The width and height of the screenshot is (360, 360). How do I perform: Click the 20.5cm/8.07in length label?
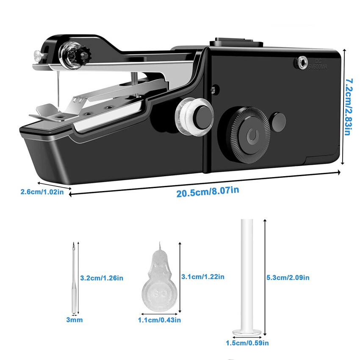click(x=208, y=192)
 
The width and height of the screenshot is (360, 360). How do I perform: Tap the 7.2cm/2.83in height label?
click(x=349, y=107)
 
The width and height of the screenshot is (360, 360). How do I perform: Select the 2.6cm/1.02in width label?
click(x=42, y=192)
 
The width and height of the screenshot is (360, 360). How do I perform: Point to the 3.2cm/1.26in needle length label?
click(x=102, y=278)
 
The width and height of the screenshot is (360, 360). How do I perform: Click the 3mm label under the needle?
click(x=75, y=320)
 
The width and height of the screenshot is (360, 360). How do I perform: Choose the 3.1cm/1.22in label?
click(x=203, y=277)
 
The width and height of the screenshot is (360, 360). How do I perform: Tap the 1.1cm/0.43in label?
click(x=159, y=320)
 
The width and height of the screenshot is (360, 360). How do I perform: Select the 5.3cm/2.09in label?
click(x=288, y=277)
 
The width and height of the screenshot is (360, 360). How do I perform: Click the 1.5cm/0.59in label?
click(x=247, y=343)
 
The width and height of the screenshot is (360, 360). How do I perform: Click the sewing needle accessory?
click(x=74, y=278)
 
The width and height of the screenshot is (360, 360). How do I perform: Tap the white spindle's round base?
click(x=247, y=332)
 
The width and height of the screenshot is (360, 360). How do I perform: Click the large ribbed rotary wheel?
click(x=250, y=135)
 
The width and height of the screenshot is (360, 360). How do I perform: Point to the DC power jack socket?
click(x=301, y=62)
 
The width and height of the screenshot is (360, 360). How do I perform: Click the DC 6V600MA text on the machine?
click(x=318, y=64)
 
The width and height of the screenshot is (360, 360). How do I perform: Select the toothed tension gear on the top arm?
click(x=85, y=55)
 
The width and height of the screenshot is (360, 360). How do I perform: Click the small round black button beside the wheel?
click(x=277, y=122)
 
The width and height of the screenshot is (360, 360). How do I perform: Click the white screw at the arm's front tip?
click(x=37, y=55)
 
